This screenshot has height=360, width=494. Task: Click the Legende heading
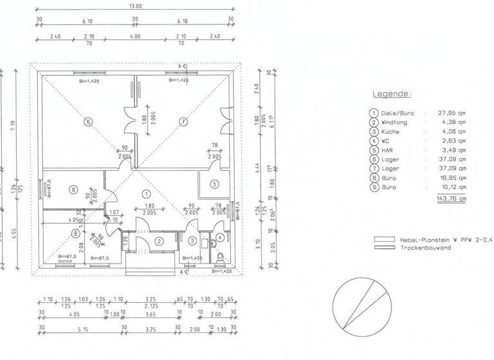click(x=391, y=94)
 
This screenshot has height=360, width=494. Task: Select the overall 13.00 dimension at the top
click(x=136, y=6)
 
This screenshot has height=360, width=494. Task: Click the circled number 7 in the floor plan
click(x=183, y=120)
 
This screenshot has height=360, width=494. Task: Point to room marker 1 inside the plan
click(x=146, y=193)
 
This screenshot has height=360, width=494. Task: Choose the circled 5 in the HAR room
click(x=214, y=183)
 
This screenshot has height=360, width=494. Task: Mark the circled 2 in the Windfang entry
click(x=158, y=241)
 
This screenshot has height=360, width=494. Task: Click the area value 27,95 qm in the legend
click(x=452, y=113)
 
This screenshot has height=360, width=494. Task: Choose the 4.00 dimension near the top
click(x=135, y=37)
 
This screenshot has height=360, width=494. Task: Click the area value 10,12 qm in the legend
click(x=452, y=187)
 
